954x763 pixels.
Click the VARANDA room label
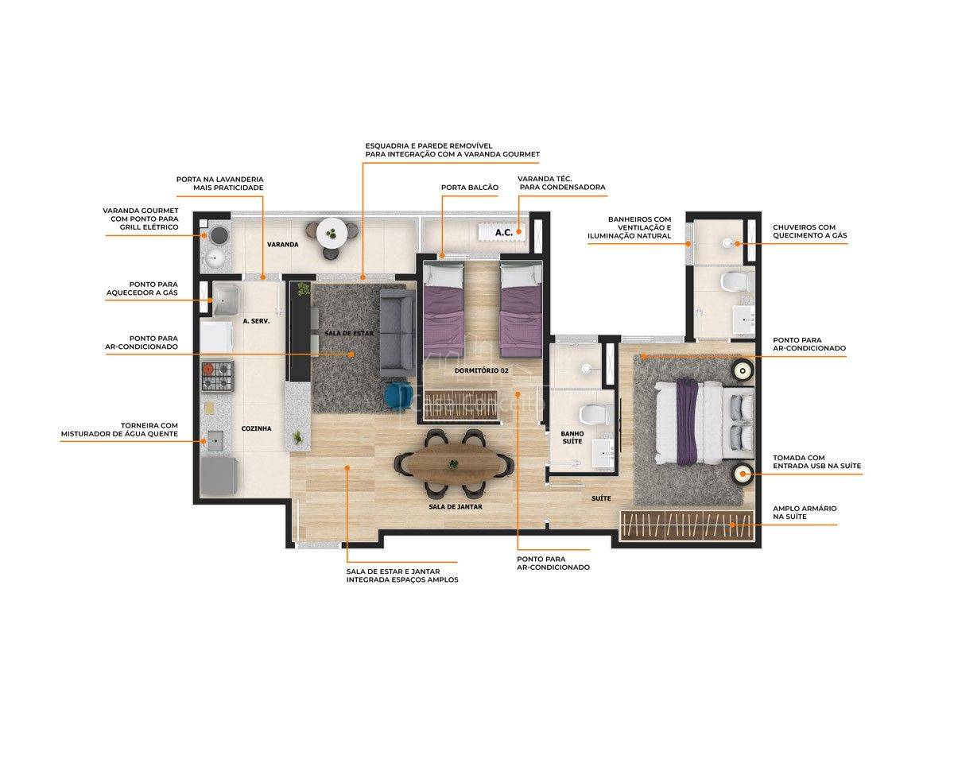point(282,244)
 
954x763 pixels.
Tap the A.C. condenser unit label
point(503,232)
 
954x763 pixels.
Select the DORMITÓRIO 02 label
point(482,370)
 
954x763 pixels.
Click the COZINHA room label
point(256,428)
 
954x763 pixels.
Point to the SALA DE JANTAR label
point(456,506)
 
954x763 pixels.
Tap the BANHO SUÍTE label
point(572,437)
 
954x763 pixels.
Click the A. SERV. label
point(256,321)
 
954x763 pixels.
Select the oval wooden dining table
point(453,464)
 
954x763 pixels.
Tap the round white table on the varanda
point(332,234)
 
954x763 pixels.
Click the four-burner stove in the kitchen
point(217,377)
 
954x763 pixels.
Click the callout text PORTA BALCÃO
point(470,188)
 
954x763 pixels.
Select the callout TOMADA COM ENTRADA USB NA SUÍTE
point(816,462)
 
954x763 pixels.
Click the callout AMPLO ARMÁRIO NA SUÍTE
point(805,513)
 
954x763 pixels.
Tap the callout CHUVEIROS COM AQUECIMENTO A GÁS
point(809,231)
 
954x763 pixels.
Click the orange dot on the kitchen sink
point(204,441)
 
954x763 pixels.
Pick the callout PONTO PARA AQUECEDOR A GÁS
point(142,289)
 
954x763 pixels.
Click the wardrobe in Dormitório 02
point(461,405)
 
